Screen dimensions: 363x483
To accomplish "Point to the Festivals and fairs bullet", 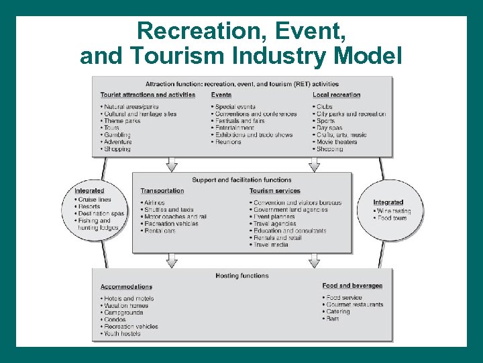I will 240,121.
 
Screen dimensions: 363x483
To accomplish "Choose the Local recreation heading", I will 336,95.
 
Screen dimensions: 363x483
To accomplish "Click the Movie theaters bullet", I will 340,142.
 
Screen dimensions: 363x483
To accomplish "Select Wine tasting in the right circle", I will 395,211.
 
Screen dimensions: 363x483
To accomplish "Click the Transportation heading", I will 162,191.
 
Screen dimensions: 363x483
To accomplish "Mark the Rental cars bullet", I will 160,231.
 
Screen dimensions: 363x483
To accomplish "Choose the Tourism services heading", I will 274,191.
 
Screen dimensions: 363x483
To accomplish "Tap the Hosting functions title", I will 241,276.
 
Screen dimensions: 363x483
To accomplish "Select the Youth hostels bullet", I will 122,333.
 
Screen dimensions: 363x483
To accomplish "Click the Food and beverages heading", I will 352,286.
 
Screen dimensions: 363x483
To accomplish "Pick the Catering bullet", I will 338,312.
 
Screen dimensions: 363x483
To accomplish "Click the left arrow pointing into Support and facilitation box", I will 172,164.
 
